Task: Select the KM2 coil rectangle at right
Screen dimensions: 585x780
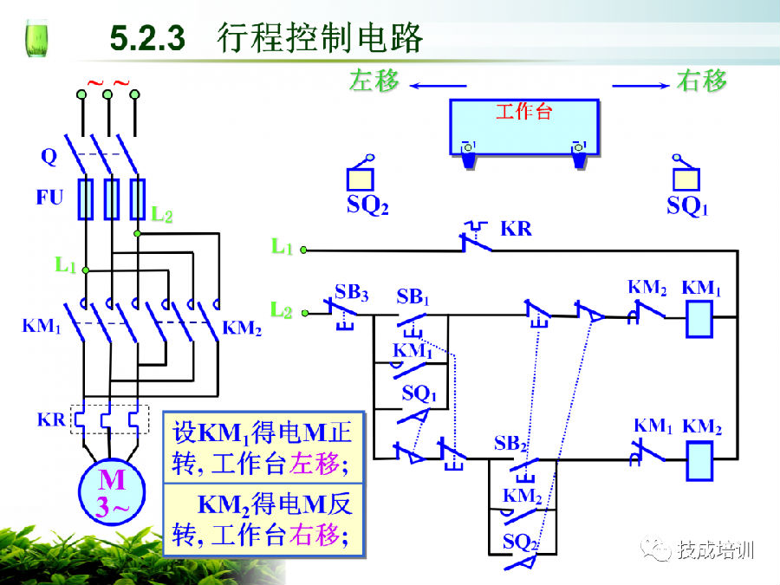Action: pos(699,460)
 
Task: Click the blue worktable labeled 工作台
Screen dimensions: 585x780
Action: pos(523,127)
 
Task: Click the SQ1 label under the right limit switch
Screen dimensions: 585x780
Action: pos(687,206)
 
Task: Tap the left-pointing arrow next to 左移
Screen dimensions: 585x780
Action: pos(437,85)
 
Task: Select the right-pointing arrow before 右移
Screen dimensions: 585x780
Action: pos(640,85)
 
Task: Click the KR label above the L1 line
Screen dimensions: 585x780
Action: pos(516,230)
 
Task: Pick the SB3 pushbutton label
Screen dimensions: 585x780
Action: pos(351,292)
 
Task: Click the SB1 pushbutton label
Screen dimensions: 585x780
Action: pos(413,296)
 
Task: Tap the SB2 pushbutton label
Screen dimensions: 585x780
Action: pos(510,443)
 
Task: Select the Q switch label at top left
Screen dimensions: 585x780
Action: pos(49,157)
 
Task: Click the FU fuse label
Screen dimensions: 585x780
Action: pos(49,198)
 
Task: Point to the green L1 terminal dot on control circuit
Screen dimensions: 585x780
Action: pos(303,250)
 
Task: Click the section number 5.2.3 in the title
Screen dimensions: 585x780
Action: pos(148,38)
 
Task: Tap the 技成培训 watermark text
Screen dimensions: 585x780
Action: pos(716,549)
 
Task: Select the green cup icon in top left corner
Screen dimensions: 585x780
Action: pos(36,38)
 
